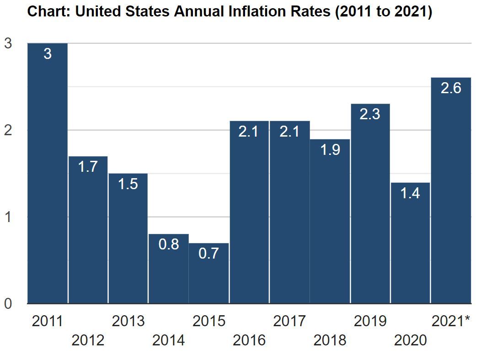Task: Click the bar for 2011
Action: tap(48, 174)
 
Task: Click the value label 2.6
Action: tap(451, 88)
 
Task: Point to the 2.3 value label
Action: tap(370, 114)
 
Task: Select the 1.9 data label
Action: tap(330, 150)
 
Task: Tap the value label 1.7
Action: tap(88, 167)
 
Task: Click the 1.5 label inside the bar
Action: tap(128, 184)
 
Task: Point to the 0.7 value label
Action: tap(209, 254)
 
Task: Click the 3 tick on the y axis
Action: tap(8, 43)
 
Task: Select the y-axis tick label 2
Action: tap(8, 130)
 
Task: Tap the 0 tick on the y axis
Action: tap(8, 303)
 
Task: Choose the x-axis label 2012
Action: tap(88, 340)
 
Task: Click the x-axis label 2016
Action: tap(249, 340)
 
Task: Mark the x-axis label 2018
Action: tap(330, 340)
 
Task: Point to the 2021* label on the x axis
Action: tap(451, 321)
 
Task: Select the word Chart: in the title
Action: tap(49, 12)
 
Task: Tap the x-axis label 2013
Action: tap(128, 321)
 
